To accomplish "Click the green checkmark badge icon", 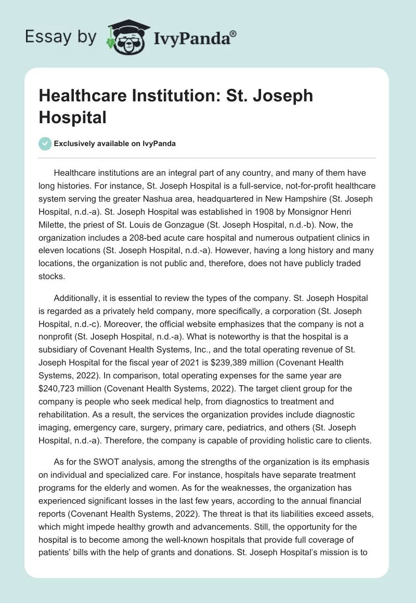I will [x=45, y=144].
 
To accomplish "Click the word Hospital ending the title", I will [x=72, y=117].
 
